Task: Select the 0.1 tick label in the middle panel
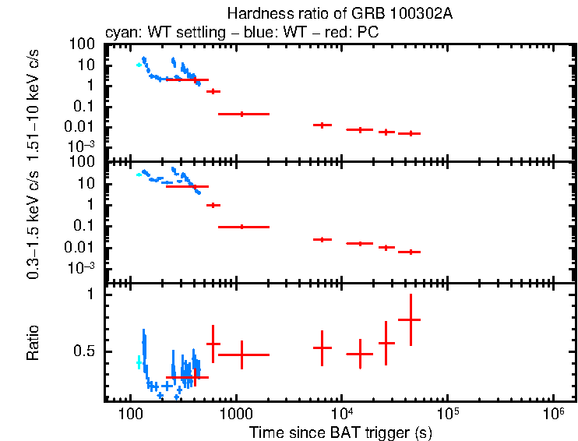tap(85, 227)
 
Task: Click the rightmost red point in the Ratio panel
tap(410, 319)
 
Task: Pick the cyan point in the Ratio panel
tap(139, 362)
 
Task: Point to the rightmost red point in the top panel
tap(410, 133)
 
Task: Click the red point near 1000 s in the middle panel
tap(242, 227)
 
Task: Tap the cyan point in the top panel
tap(139, 65)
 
